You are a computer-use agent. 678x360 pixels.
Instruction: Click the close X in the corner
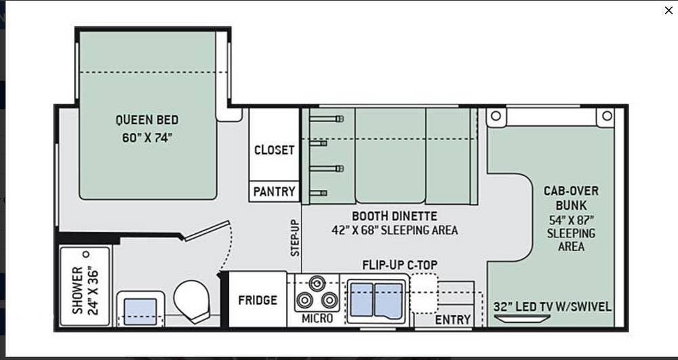coord(668,10)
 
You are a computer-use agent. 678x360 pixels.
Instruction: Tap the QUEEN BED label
coord(147,120)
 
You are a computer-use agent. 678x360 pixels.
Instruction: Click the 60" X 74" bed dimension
coord(147,138)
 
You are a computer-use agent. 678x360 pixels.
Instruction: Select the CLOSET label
coord(274,150)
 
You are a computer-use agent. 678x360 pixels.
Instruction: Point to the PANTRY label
coord(274,191)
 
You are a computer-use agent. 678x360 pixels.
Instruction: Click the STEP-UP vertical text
coord(295,238)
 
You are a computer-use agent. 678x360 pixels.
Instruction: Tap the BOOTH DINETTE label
coord(395,216)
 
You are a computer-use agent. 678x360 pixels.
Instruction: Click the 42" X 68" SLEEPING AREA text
coord(395,230)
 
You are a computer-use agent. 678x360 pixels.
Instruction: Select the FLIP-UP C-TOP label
coord(399,264)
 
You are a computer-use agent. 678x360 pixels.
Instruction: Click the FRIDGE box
coord(257,300)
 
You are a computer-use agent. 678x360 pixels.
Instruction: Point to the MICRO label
coord(317,319)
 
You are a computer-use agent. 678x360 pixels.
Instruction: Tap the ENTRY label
coord(453,320)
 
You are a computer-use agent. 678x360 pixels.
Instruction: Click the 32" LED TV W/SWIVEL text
coord(553,307)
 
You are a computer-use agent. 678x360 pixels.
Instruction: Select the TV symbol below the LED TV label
coord(522,319)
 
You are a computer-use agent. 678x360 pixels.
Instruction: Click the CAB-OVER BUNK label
coord(571,197)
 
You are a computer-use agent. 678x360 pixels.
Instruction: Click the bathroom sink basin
coord(140,312)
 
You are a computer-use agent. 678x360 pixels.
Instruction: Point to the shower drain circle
coord(86,254)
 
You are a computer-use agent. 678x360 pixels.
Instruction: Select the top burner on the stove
coord(317,283)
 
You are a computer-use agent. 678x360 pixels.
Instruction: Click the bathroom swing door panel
coord(207,231)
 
